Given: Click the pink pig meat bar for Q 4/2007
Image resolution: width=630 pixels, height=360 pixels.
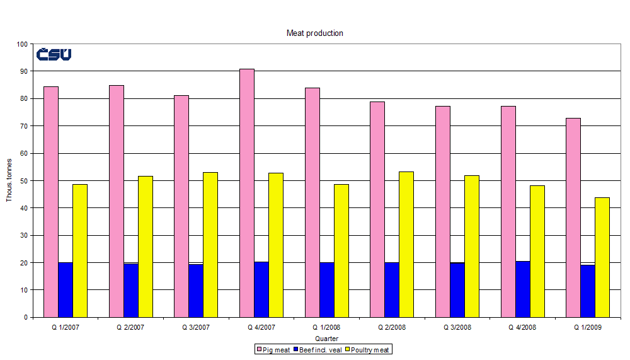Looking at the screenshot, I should coord(247,193).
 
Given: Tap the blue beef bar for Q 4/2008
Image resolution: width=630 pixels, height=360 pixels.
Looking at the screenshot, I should coord(522,289).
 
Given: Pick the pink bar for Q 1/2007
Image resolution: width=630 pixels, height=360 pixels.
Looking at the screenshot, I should coord(51,202).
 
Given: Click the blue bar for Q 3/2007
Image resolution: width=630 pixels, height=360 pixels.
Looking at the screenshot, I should coord(196,291).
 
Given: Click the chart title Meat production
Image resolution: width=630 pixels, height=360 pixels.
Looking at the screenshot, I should coord(315,33).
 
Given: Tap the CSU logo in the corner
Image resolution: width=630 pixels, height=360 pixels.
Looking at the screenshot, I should coord(54,55).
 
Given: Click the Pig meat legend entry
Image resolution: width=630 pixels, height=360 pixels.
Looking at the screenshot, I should coord(273,349).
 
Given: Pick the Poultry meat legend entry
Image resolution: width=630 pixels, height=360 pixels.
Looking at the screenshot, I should coord(370,349).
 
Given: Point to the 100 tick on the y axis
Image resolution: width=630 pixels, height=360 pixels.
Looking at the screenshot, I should coord(23,44).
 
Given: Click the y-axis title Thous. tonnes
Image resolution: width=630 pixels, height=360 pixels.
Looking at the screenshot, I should coord(9,181).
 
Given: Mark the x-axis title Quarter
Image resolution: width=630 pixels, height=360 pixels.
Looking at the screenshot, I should coord(326,339).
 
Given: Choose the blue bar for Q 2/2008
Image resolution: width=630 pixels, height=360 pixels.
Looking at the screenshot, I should coord(392,290).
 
